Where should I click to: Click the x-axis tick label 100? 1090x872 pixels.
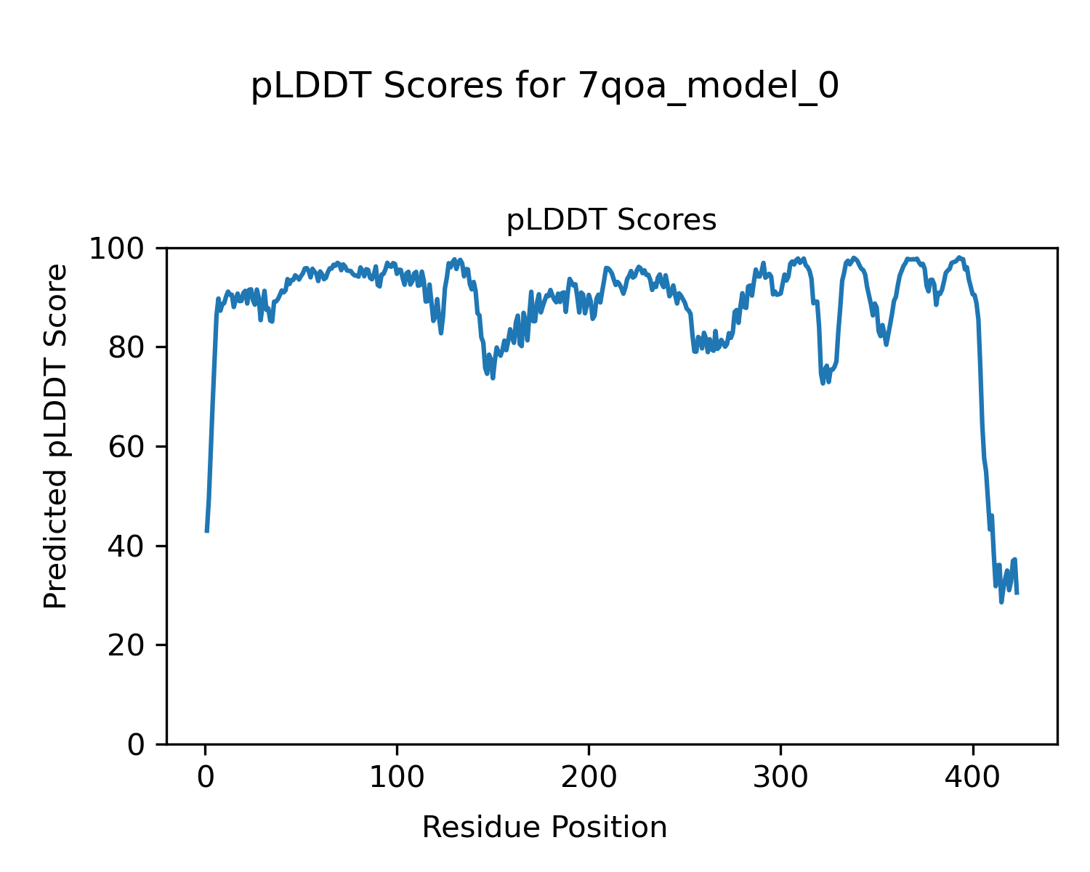pos(397,776)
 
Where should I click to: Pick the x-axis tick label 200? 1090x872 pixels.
pos(589,776)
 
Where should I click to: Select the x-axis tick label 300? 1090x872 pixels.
pos(780,776)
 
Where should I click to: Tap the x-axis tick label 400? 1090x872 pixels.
pos(972,776)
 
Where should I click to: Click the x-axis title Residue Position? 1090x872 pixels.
pos(544,828)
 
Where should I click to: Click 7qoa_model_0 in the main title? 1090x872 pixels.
pos(708,87)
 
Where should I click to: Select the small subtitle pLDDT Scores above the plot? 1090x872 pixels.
pos(611,220)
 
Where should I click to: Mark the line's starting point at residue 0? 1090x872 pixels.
pos(207,531)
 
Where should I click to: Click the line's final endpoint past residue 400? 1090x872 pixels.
pos(1017,594)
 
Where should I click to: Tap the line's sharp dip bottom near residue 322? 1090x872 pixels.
pos(823,383)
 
